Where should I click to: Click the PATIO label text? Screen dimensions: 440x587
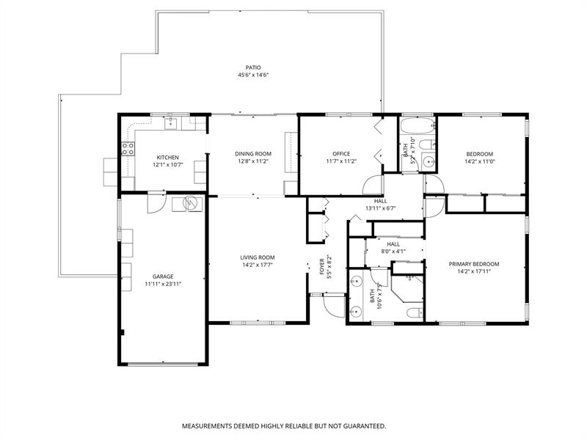pyautogui.click(x=253, y=67)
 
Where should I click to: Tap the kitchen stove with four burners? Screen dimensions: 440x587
pyautogui.click(x=128, y=149)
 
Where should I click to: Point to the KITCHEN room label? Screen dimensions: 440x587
pyautogui.click(x=167, y=157)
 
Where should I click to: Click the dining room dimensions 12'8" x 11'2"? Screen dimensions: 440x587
pyautogui.click(x=252, y=161)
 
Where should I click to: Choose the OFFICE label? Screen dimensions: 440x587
pyautogui.click(x=341, y=153)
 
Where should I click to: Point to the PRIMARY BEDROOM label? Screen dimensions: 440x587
pyautogui.click(x=474, y=264)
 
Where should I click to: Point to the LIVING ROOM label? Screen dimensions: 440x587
pyautogui.click(x=257, y=257)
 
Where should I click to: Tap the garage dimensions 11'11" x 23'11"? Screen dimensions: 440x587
pyautogui.click(x=162, y=283)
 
